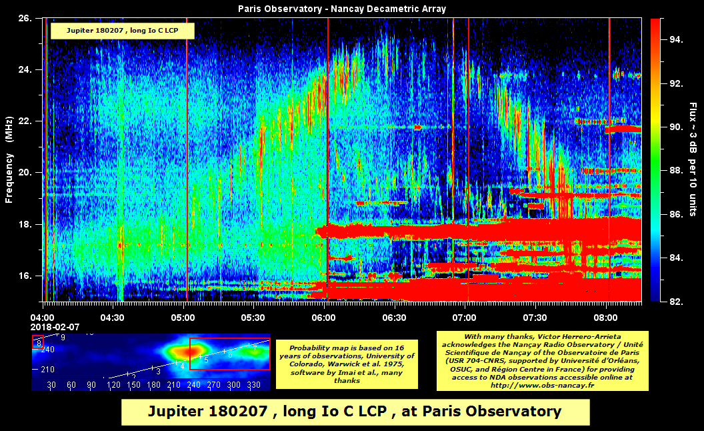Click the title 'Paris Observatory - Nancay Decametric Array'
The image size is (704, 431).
[342, 9]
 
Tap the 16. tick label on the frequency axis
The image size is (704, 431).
[25, 276]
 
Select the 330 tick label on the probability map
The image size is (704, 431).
[253, 385]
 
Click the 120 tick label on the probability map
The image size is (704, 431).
[113, 385]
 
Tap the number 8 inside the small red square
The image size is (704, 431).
[39, 343]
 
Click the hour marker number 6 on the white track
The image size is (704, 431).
[230, 354]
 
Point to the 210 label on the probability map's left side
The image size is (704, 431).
[48, 369]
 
